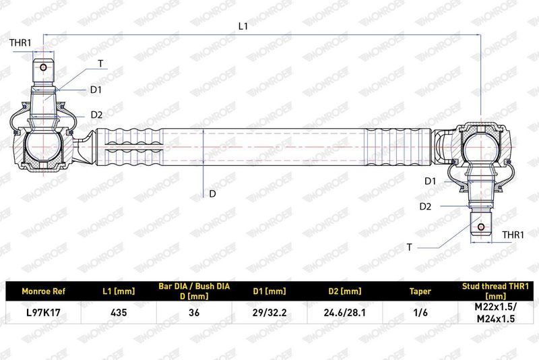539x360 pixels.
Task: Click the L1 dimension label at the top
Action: coord(243,26)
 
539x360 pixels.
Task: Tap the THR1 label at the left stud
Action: coord(20,42)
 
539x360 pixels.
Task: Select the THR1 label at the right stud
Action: coord(513,235)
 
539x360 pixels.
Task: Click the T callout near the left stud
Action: coord(100,63)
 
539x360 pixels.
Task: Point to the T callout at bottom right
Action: coord(409,247)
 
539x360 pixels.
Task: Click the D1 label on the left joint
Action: coord(96,90)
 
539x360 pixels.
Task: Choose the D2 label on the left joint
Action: coord(96,115)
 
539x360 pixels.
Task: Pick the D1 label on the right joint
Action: coord(430,181)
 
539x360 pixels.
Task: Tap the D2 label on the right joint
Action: coord(426,206)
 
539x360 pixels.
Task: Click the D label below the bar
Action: coord(212,194)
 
